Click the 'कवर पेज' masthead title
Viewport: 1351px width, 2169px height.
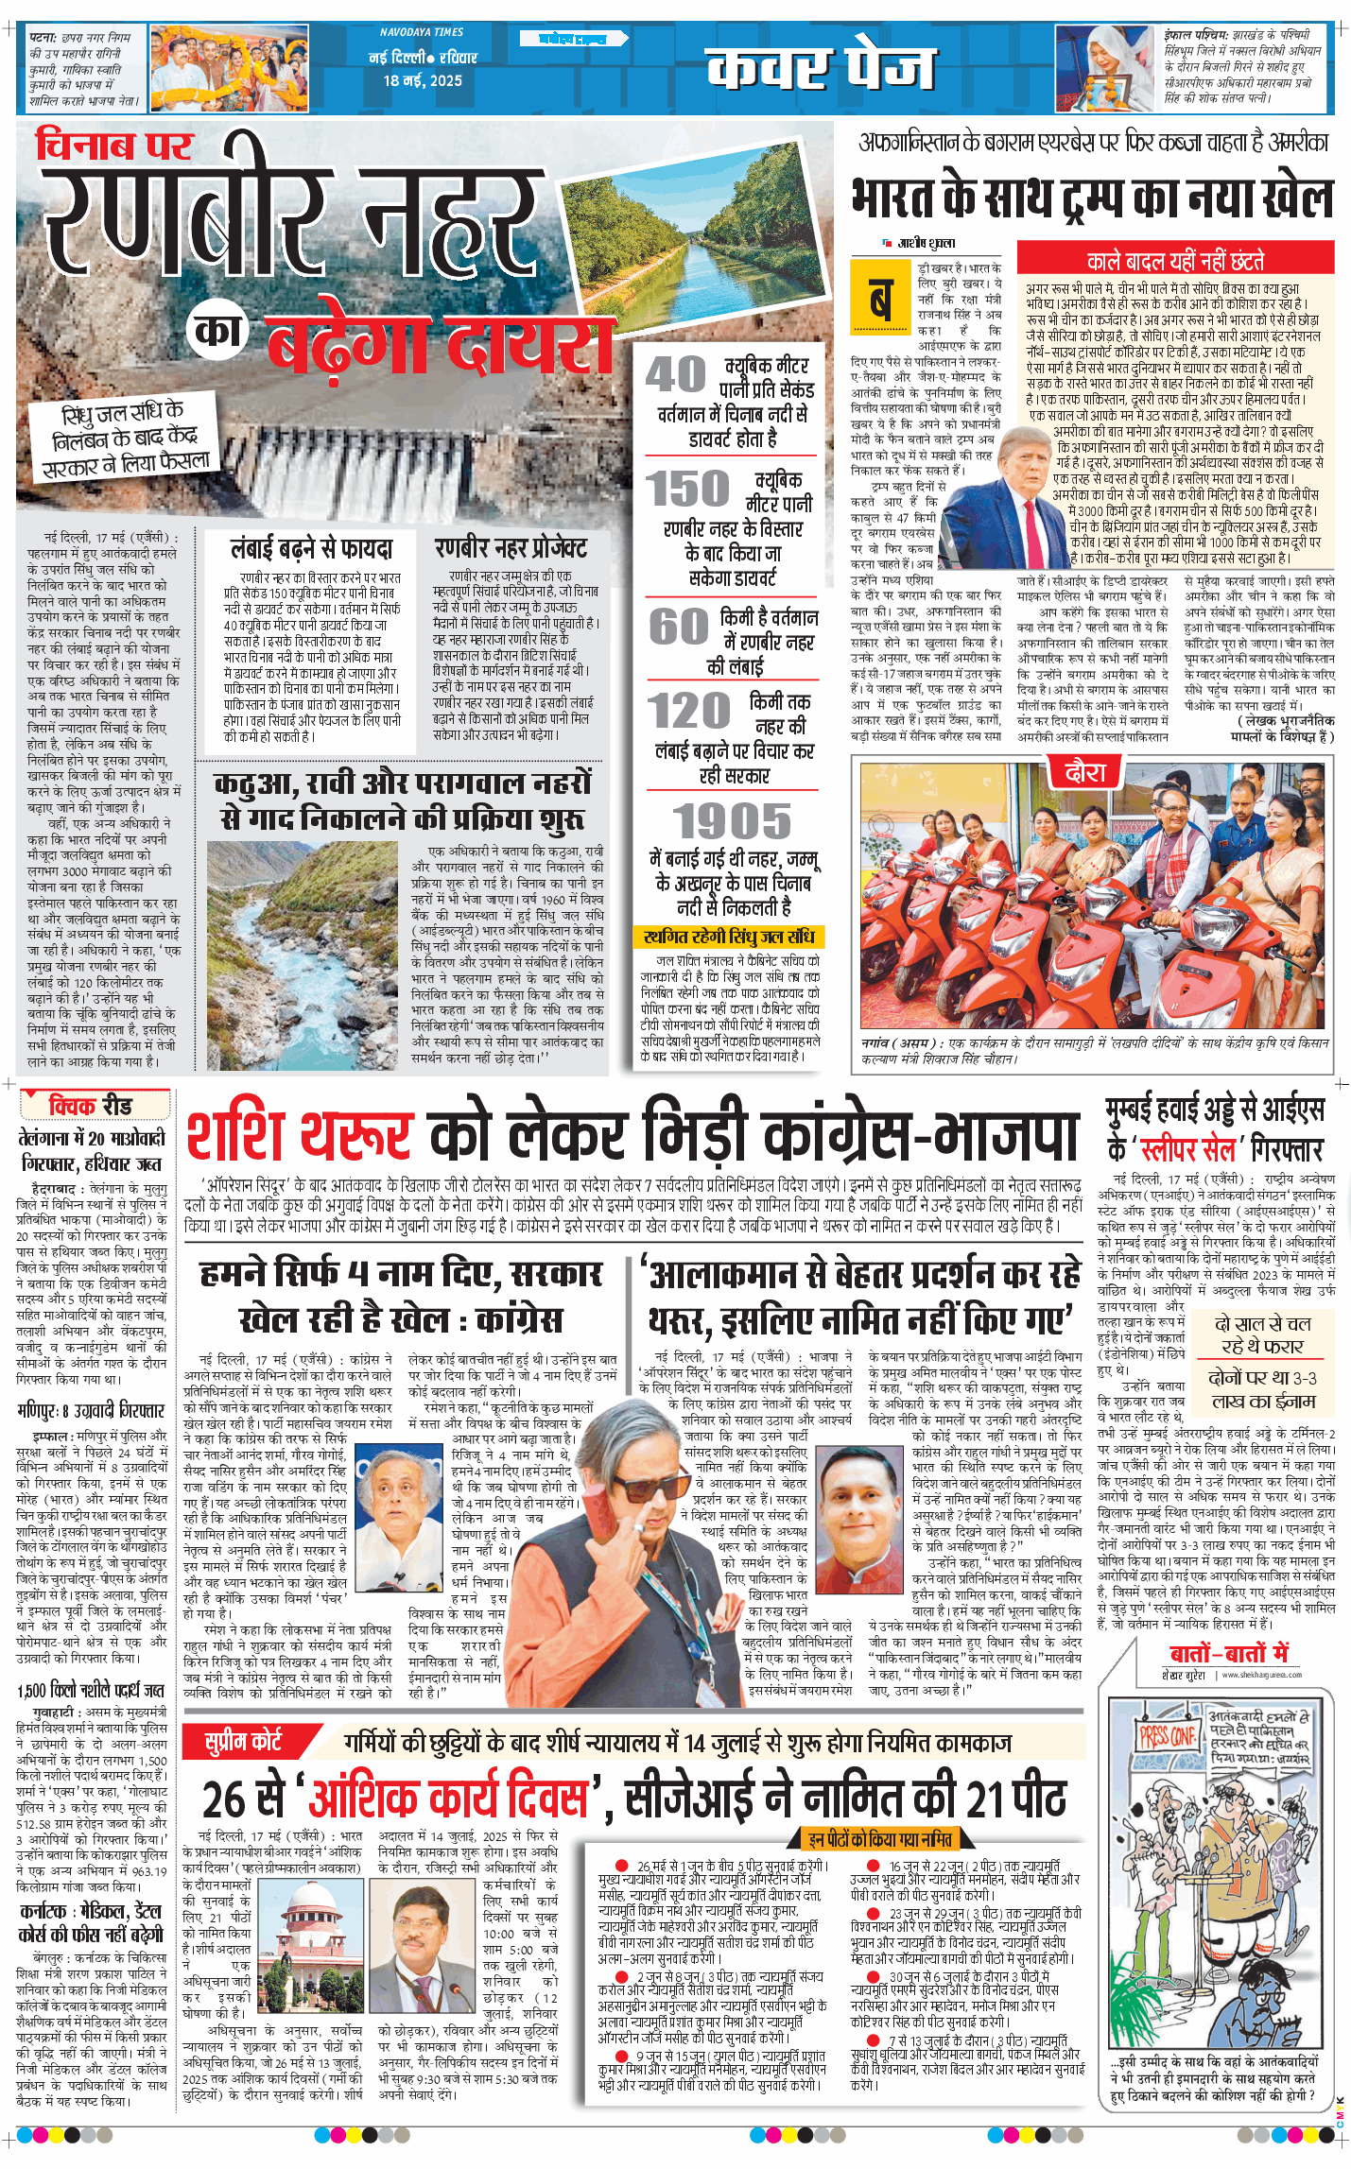click(x=820, y=67)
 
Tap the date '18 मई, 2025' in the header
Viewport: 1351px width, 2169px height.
click(x=423, y=81)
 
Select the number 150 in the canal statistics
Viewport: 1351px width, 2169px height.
click(x=687, y=490)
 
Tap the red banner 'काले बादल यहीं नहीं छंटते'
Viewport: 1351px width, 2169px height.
click(x=1175, y=261)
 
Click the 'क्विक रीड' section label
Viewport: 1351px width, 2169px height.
click(x=92, y=1106)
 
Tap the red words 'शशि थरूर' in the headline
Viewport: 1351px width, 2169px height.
click(x=300, y=1137)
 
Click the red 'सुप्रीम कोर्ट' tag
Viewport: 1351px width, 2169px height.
click(x=244, y=1741)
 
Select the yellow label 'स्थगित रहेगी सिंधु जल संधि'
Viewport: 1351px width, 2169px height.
click(x=728, y=937)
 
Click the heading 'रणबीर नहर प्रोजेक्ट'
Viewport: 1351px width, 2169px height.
click(x=511, y=548)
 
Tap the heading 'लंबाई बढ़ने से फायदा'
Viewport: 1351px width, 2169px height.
click(x=311, y=549)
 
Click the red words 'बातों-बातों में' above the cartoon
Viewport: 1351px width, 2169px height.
click(x=1229, y=1653)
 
